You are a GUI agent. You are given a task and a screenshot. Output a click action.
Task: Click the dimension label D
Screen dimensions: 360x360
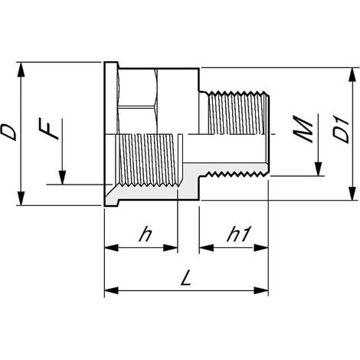9,133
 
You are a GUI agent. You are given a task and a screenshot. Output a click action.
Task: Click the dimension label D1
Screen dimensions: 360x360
342,130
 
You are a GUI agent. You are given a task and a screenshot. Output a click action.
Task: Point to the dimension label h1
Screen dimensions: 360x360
237,234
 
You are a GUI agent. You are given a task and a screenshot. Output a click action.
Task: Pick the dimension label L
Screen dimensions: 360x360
186,278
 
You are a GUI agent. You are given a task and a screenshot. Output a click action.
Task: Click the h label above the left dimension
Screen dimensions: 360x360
146,234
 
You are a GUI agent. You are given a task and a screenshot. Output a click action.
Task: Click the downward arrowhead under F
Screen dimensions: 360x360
62,177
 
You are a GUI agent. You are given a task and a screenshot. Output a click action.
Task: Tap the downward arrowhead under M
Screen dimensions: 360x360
318,169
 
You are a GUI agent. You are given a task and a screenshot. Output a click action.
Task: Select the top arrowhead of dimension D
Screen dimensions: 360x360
21,69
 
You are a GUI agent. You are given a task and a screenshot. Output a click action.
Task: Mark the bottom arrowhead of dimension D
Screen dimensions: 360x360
21,198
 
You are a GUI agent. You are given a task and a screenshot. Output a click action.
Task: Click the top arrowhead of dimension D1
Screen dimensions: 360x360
352,74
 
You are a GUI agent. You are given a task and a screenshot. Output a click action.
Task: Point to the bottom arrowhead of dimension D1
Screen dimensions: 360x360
352,194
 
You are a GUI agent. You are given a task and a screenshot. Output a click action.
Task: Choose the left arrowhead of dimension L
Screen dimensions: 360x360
112,290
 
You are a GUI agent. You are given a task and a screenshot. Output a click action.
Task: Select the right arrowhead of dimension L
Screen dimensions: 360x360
261,290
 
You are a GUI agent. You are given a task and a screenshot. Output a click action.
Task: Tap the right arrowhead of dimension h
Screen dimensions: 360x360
170,247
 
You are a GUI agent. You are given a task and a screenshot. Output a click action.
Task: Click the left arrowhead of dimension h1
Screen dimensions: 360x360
206,247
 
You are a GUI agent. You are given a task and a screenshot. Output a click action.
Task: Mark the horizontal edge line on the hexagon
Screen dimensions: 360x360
137,106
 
